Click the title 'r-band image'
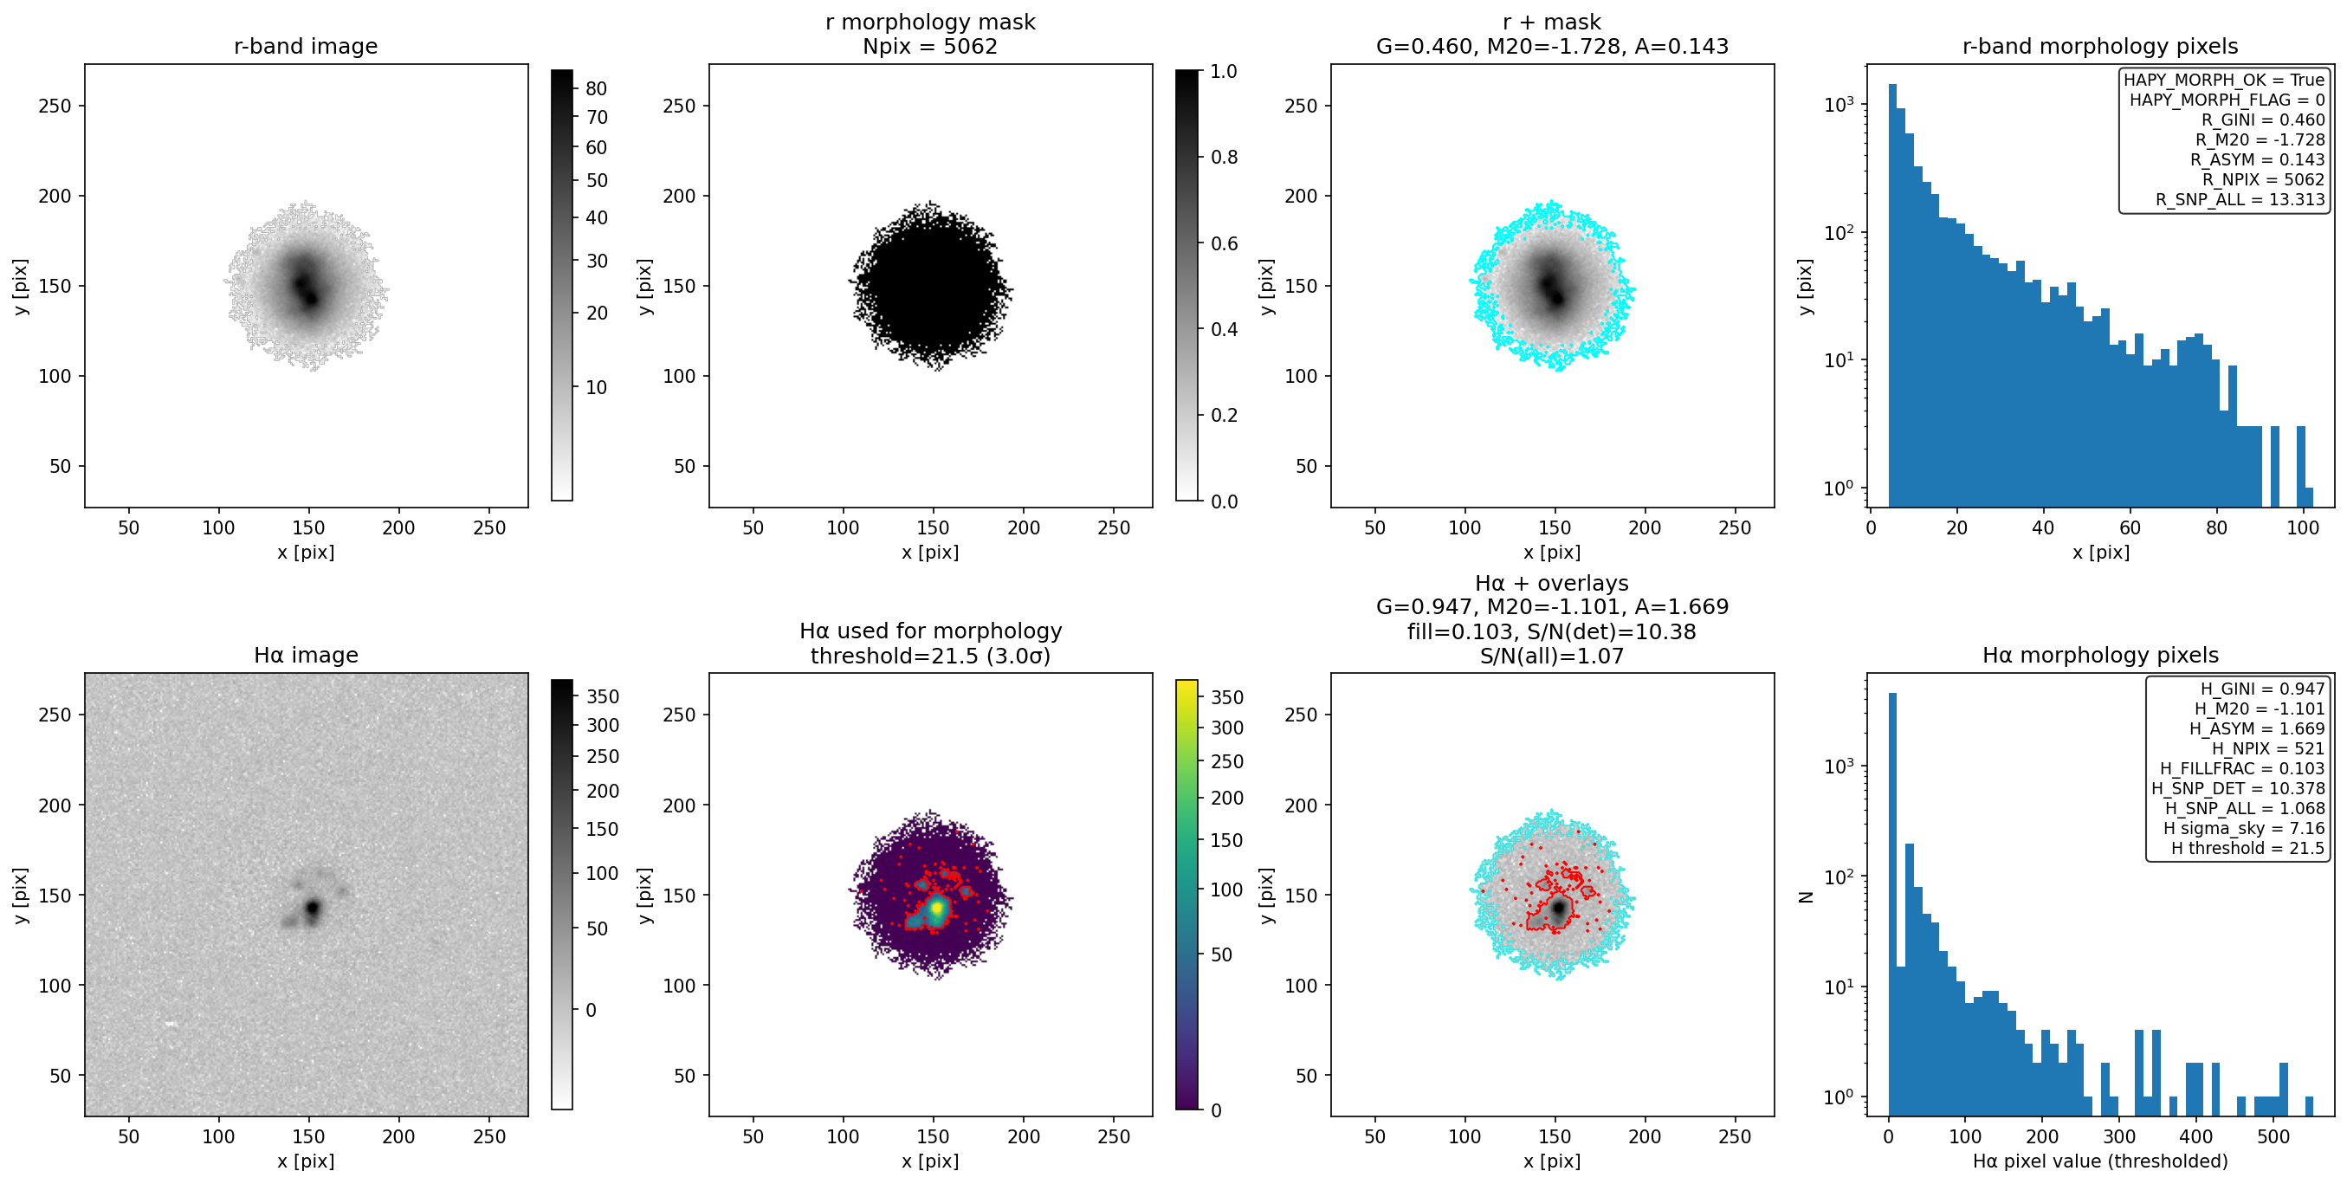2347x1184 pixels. pos(305,47)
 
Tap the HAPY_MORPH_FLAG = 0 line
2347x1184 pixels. pos(2227,100)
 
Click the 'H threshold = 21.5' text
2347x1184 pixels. pos(2247,848)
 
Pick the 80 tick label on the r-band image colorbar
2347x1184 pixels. pos(597,88)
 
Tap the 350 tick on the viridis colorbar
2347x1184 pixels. pos(1226,697)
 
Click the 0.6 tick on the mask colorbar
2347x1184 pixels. pos(1224,243)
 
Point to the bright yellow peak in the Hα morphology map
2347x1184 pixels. pos(935,908)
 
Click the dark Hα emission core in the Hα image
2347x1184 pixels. pos(313,908)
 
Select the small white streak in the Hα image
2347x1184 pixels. pos(171,1025)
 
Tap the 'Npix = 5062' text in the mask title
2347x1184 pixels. pos(929,47)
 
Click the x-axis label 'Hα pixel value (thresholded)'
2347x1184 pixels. pos(2100,1161)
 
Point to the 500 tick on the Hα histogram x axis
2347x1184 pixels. pos(2273,1136)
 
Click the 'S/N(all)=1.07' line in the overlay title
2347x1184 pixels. pos(1552,657)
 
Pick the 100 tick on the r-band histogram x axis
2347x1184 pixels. pos(2302,527)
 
